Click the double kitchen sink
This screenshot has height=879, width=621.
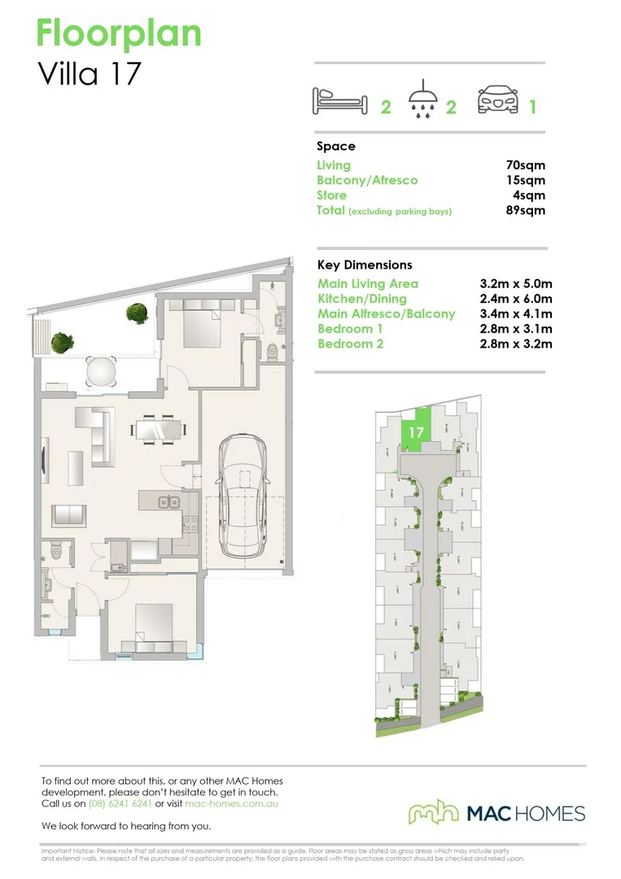click(169, 501)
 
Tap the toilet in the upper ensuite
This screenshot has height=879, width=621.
click(273, 351)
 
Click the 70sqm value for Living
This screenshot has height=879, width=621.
click(525, 165)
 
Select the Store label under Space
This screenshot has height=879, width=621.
click(331, 195)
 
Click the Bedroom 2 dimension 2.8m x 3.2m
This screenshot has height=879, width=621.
click(516, 343)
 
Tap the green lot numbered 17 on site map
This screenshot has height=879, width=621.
click(415, 431)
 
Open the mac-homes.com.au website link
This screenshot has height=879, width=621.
click(232, 803)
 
